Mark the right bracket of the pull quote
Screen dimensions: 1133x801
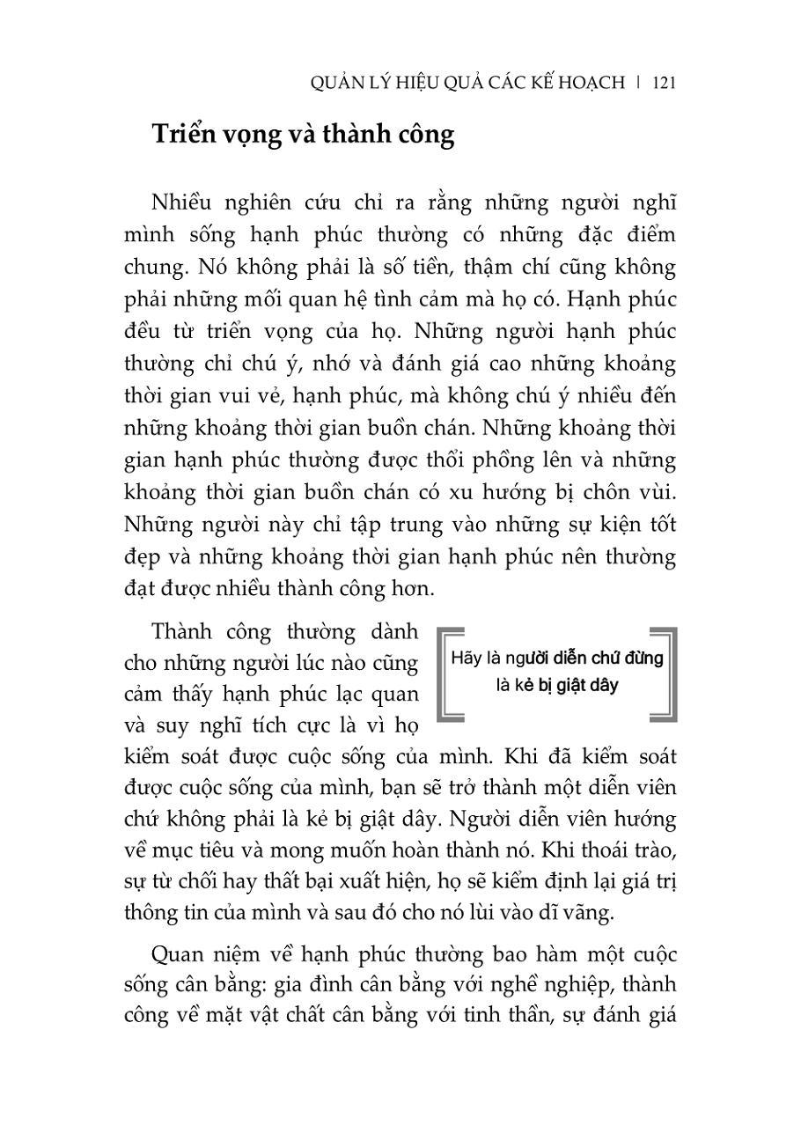tap(670, 674)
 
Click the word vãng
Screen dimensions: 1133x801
tap(584, 914)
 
